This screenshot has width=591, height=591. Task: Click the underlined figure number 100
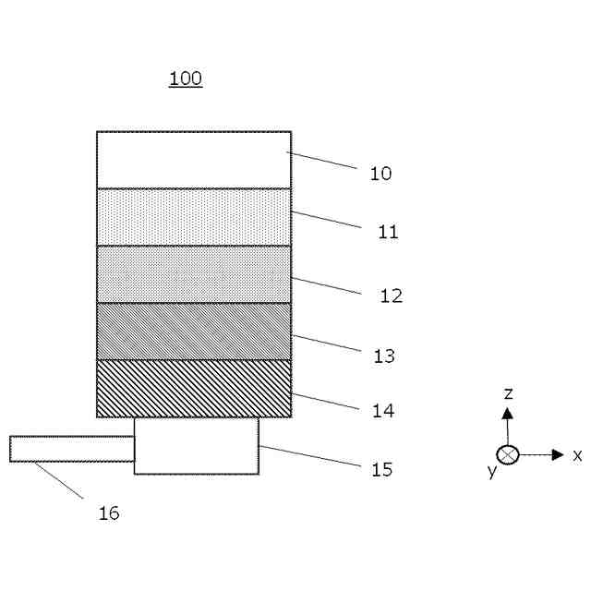coord(186,78)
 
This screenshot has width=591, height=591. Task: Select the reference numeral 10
coord(380,174)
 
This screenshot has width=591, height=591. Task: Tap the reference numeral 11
coord(388,232)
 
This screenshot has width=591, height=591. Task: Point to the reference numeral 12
coord(392,296)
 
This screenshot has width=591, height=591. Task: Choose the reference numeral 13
coord(384,356)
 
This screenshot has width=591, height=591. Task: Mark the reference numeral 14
coord(383,411)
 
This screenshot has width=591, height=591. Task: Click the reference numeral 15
coord(381,470)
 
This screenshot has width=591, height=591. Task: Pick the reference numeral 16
coord(109,513)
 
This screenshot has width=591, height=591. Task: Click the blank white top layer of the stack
coord(194,160)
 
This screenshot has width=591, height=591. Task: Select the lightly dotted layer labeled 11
coord(194,217)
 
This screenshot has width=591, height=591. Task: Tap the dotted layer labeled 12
coord(194,274)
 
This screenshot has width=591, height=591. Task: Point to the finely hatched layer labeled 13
coord(194,332)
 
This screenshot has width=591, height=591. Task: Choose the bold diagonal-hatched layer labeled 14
coord(194,389)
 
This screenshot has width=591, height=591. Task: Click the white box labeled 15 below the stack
coord(196,446)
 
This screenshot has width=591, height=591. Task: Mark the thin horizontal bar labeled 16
coord(72,449)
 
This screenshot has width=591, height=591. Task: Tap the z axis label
coord(508,393)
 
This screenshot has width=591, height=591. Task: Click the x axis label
coord(577,455)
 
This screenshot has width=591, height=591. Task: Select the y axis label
coord(492,472)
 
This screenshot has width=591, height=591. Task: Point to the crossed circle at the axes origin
coord(508,454)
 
